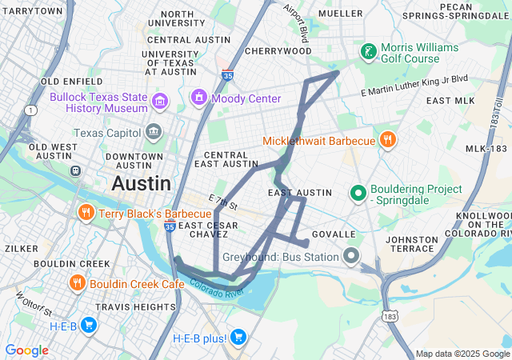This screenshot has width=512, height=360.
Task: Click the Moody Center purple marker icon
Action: pos(198,98)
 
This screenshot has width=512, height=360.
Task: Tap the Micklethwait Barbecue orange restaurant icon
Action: pos(387,140)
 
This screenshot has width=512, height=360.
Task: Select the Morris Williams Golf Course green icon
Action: pos(368,52)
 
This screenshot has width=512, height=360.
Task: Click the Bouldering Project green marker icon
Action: pos(358,193)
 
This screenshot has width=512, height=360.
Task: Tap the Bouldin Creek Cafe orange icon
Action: pos(78,283)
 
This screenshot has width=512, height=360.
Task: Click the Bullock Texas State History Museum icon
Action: pos(160,101)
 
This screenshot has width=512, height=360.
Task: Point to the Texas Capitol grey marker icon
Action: pos(154,132)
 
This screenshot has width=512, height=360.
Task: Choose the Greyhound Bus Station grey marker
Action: pos(350,257)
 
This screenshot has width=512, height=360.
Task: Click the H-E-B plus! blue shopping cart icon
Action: pos(238,338)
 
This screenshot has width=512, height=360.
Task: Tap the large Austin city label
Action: pos(142,183)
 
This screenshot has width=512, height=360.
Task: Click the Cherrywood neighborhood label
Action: pos(278,50)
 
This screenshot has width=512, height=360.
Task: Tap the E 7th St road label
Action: pos(223,203)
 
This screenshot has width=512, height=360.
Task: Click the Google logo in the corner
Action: pos(26,350)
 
